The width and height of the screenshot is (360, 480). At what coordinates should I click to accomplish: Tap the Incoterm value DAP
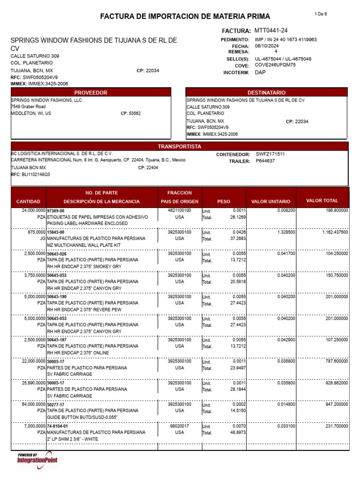260,73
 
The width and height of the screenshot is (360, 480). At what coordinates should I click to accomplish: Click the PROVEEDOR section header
91,93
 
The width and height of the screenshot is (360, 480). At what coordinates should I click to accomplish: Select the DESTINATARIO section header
266,93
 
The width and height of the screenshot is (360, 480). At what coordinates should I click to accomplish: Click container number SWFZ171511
270,154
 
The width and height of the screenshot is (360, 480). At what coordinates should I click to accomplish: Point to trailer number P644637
265,161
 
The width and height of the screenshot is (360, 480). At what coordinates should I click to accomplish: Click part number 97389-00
56,211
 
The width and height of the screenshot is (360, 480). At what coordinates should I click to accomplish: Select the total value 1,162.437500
335,232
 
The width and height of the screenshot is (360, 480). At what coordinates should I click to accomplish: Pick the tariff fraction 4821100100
180,211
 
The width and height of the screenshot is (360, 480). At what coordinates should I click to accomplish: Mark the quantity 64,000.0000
30,404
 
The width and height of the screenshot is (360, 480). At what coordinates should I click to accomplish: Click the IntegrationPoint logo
37,460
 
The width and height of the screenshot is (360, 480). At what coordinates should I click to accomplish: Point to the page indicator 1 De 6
321,14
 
